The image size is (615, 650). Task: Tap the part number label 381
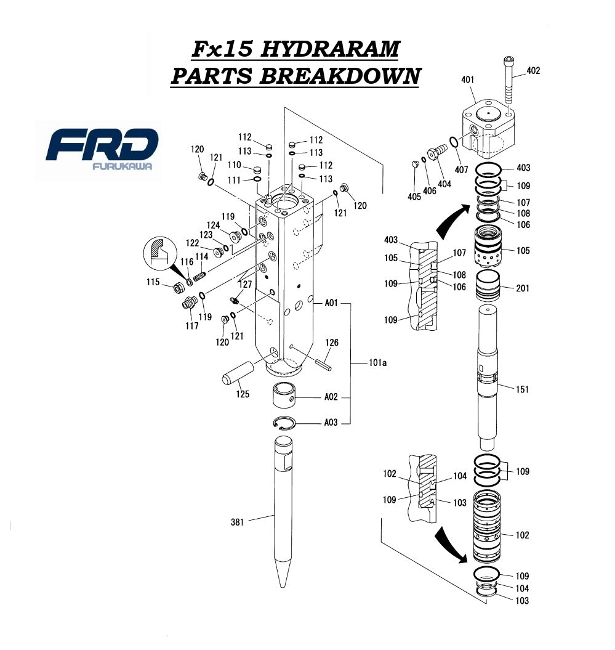238,522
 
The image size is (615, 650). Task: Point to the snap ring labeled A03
285,423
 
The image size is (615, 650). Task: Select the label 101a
377,364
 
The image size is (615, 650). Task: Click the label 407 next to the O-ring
460,170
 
